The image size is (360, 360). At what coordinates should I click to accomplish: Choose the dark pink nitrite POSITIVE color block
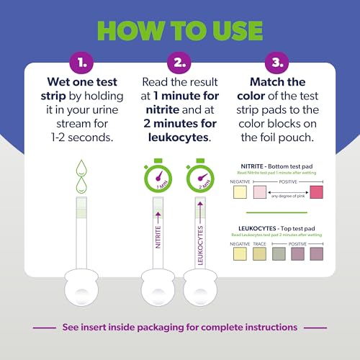316,191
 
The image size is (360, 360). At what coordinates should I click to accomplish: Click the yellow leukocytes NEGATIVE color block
240,253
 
